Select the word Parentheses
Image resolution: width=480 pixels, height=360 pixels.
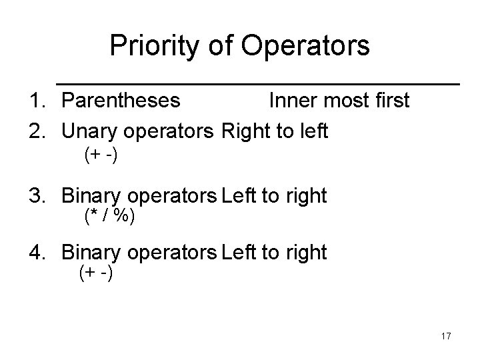(x=121, y=100)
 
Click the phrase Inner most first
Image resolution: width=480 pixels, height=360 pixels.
(x=339, y=100)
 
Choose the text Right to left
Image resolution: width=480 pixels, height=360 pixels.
(x=275, y=131)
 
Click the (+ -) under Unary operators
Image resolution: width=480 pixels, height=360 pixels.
(x=101, y=155)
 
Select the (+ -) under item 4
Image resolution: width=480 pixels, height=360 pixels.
(x=95, y=273)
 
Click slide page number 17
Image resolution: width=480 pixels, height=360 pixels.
(x=446, y=336)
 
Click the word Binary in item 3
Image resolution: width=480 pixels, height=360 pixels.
(x=91, y=196)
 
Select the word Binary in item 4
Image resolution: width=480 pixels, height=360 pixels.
(x=91, y=253)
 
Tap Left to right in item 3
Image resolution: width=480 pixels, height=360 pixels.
(x=274, y=196)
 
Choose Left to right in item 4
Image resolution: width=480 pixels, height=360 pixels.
(x=274, y=253)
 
